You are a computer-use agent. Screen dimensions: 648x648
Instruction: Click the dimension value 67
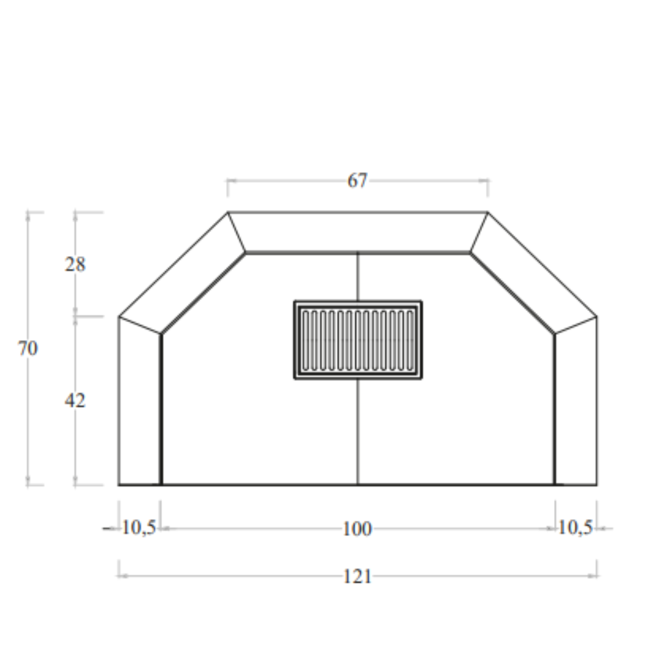pyautogui.click(x=357, y=181)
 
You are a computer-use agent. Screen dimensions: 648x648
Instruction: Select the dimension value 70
pyautogui.click(x=28, y=349)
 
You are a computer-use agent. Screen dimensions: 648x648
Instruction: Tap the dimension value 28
pyautogui.click(x=75, y=264)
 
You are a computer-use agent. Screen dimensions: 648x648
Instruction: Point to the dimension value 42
pyautogui.click(x=75, y=401)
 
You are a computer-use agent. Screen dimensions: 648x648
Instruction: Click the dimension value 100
pyautogui.click(x=357, y=529)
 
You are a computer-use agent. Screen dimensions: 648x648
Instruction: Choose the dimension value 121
pyautogui.click(x=357, y=576)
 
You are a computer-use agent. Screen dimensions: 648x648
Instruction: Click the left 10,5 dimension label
pyautogui.click(x=139, y=528)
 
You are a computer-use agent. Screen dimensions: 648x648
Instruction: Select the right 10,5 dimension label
pyautogui.click(x=575, y=528)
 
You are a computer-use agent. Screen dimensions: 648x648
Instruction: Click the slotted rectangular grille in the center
pyautogui.click(x=358, y=340)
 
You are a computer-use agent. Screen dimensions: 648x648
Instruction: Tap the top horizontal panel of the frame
pyautogui.click(x=358, y=231)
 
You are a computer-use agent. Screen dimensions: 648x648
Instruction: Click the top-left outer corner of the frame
pyautogui.click(x=228, y=212)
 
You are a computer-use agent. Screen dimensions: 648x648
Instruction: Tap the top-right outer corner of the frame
pyautogui.click(x=487, y=212)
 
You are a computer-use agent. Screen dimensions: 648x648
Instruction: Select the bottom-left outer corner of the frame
pyautogui.click(x=119, y=484)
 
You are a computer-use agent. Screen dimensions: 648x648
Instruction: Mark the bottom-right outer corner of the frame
pyautogui.click(x=597, y=484)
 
